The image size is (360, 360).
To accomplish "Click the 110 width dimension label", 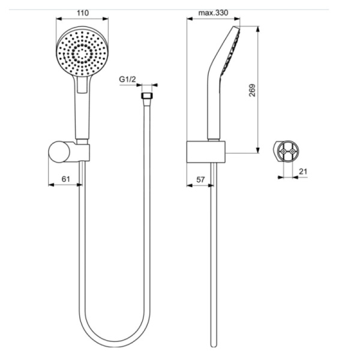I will pos(83,11).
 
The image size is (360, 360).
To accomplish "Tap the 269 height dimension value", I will pos(253,89).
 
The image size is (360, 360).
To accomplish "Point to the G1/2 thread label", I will pos(127,79).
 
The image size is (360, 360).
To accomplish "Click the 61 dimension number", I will pos(66,178).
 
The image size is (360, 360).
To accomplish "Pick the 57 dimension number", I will pos(201,178).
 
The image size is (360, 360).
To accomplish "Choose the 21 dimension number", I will pos(303,172).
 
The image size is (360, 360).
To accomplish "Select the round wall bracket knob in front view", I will pos(59,151).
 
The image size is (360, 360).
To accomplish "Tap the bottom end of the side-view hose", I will pos(213,344).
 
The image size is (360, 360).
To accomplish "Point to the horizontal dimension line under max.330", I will pos(213,19).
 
